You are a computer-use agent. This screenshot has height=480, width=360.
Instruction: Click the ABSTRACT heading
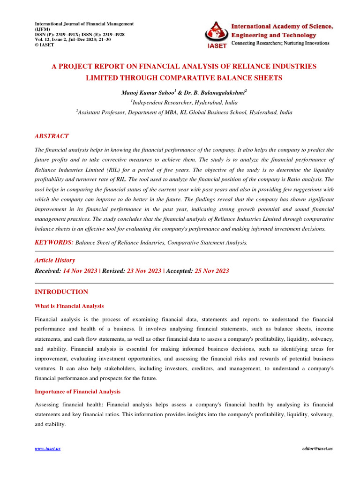(x=52, y=136)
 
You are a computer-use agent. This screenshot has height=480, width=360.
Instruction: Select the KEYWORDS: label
(x=54, y=242)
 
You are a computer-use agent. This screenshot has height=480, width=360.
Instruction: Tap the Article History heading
(x=55, y=260)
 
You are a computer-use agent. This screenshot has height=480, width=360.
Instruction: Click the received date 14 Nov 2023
(x=80, y=271)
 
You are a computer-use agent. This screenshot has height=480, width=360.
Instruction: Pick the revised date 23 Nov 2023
(x=144, y=271)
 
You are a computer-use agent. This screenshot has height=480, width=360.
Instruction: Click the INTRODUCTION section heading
(x=61, y=292)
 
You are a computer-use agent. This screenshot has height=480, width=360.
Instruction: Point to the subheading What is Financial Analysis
(x=69, y=306)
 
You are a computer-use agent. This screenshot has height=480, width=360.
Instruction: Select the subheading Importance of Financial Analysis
(x=78, y=391)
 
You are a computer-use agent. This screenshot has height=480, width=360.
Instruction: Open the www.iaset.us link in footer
(x=48, y=449)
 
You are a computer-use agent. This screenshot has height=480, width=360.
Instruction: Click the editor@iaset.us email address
(x=318, y=449)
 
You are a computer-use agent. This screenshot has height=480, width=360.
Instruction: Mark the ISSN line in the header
(x=80, y=35)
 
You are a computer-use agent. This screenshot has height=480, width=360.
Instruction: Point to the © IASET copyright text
(x=46, y=45)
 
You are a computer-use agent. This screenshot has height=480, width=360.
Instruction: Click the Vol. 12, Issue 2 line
(x=73, y=40)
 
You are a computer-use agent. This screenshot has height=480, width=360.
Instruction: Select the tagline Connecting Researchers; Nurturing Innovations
(x=280, y=43)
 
